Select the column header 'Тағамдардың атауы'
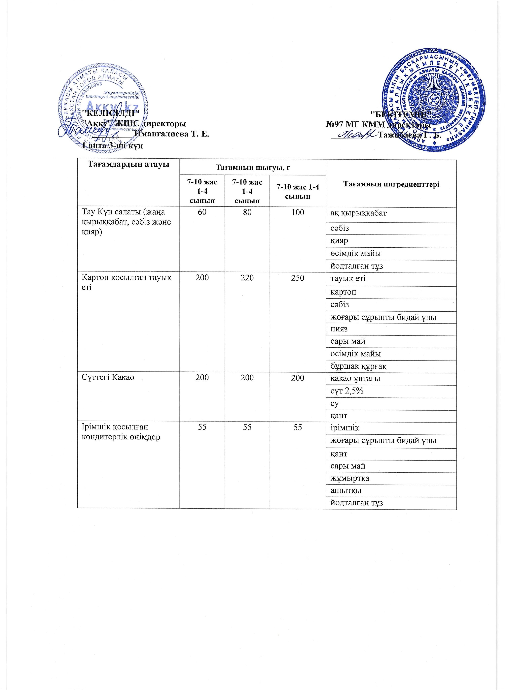(129, 165)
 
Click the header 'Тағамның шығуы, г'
(253, 167)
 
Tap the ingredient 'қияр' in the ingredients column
(339, 240)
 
